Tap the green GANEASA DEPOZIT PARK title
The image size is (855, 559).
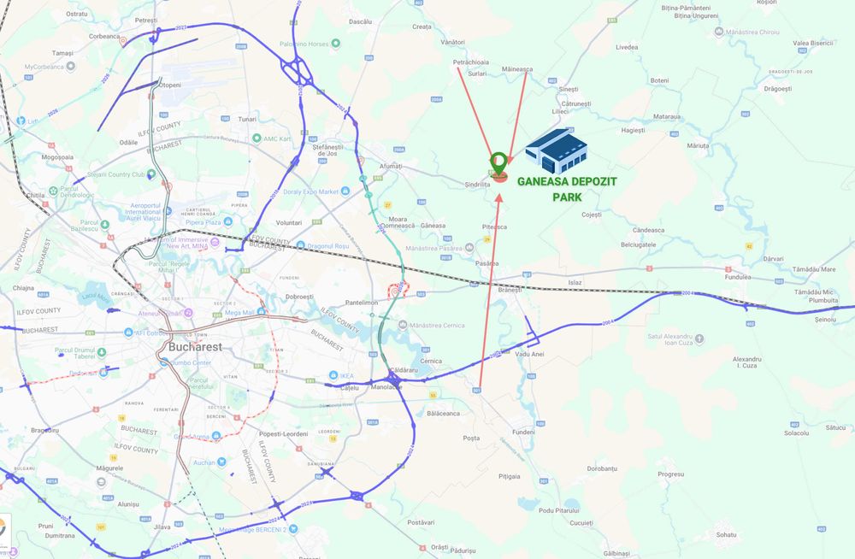tap(567, 188)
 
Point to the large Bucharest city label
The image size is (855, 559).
tap(195, 347)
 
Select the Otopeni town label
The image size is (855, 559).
tap(169, 85)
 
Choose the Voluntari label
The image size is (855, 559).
tap(288, 222)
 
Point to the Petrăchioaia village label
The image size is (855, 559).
tap(470, 62)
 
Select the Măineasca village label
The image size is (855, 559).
tap(517, 69)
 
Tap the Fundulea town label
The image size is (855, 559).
tap(736, 277)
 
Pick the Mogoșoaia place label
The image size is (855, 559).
tap(57, 157)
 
